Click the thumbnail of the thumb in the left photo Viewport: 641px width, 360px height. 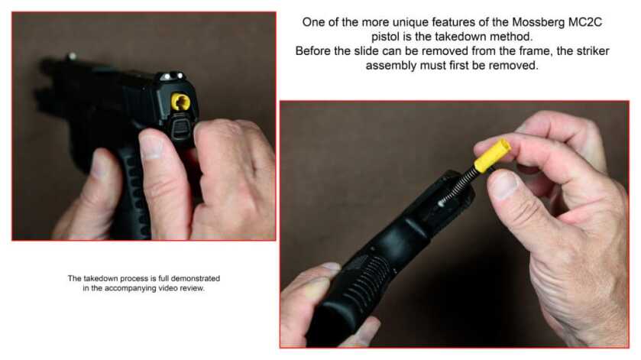pos(150,146)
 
